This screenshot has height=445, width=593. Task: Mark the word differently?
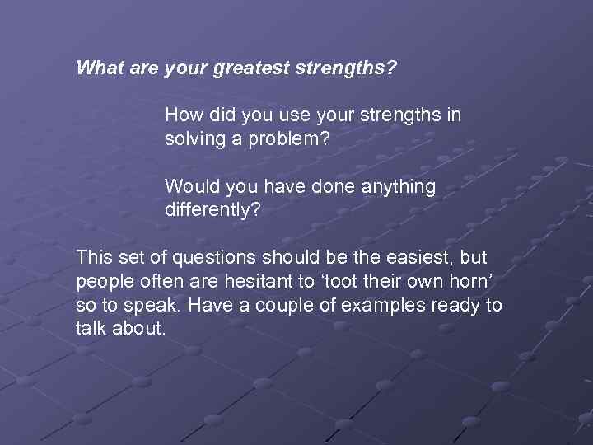pyautogui.click(x=212, y=210)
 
